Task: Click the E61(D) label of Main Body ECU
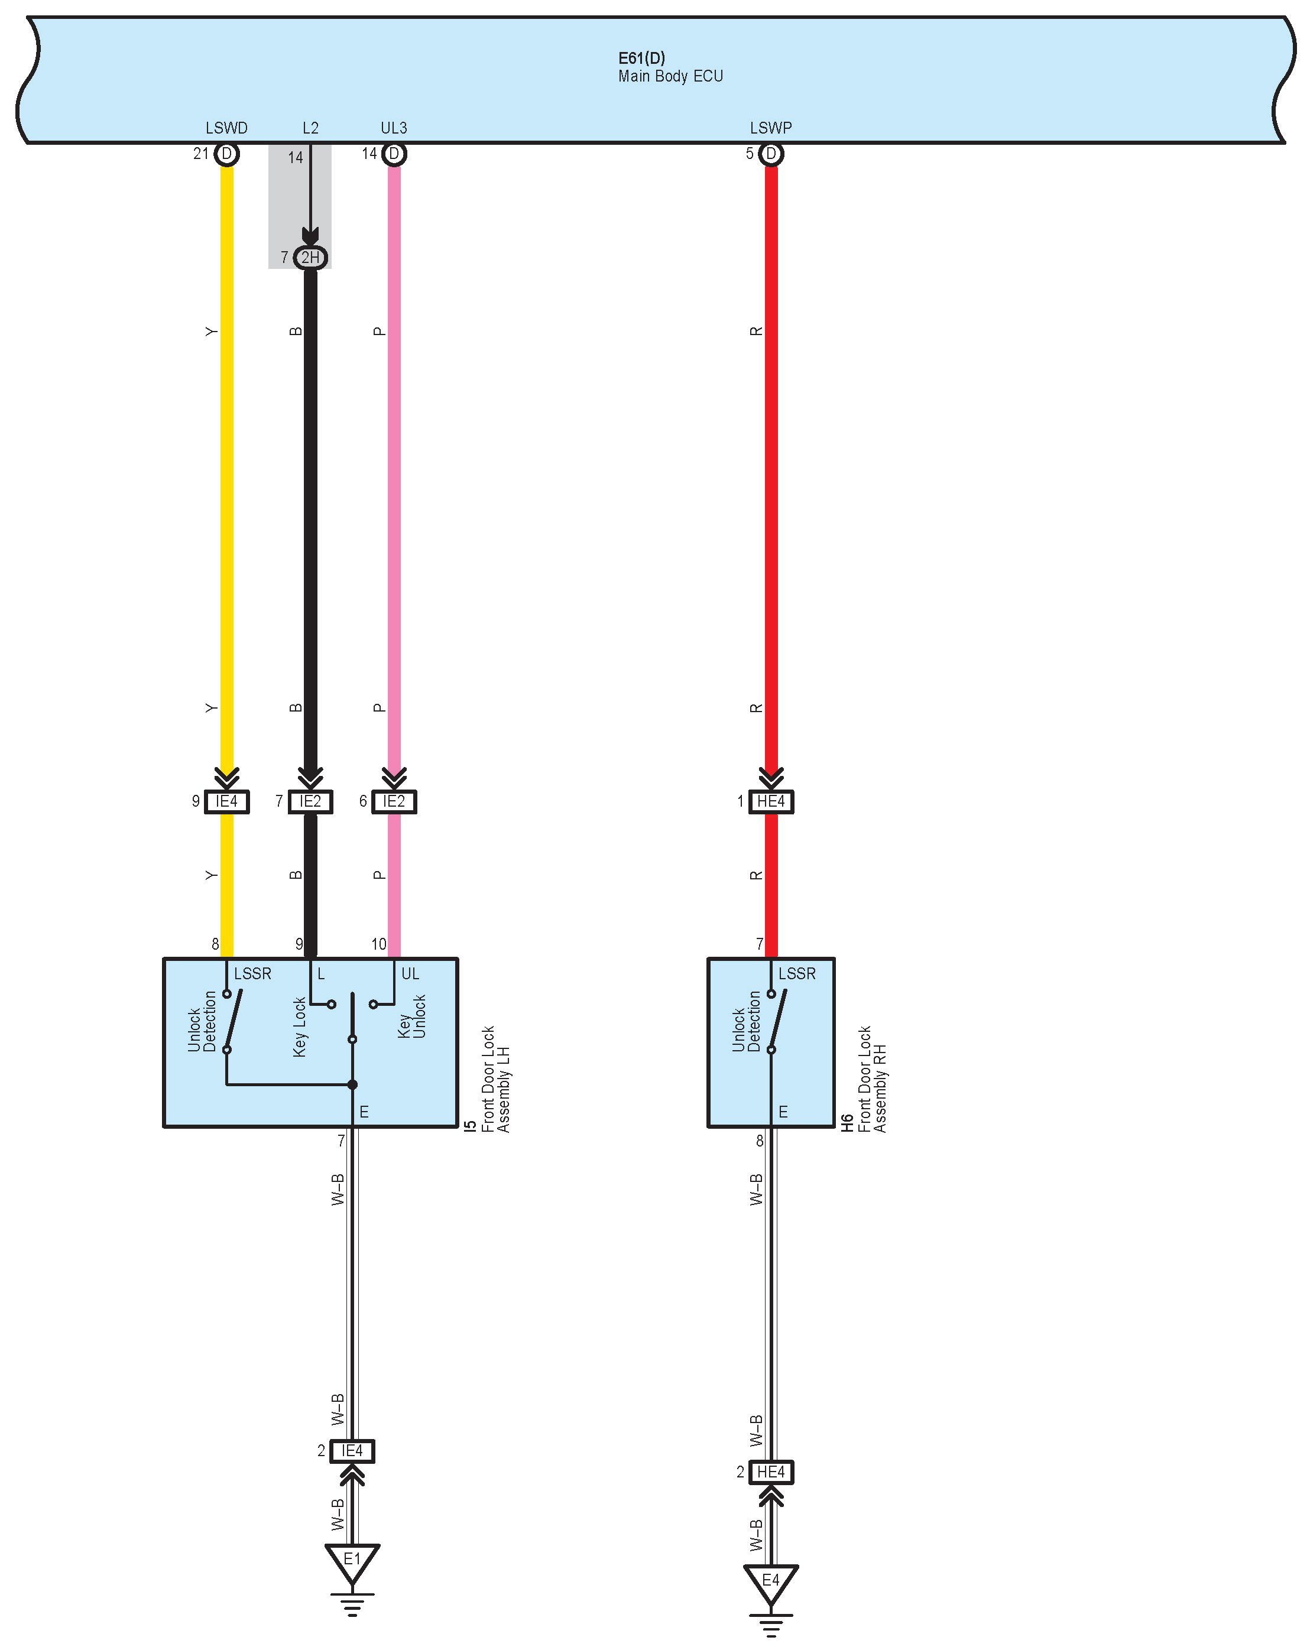pyautogui.click(x=641, y=58)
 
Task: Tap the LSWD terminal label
pyautogui.click(x=226, y=128)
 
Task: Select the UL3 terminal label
pyautogui.click(x=394, y=128)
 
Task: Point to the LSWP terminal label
pyautogui.click(x=770, y=128)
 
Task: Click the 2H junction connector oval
pyautogui.click(x=310, y=257)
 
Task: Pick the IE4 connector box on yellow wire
pyautogui.click(x=226, y=801)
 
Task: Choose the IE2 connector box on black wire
pyautogui.click(x=310, y=801)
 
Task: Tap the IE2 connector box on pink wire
pyautogui.click(x=394, y=801)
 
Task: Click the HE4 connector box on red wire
pyautogui.click(x=770, y=801)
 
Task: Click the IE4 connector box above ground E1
pyautogui.click(x=352, y=1451)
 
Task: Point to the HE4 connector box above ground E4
pyautogui.click(x=770, y=1472)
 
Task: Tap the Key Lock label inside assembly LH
pyautogui.click(x=299, y=1027)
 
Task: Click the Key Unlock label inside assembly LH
pyautogui.click(x=412, y=1016)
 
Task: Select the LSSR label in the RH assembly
pyautogui.click(x=796, y=973)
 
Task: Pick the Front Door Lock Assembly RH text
pyautogui.click(x=872, y=1079)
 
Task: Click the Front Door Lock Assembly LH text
pyautogui.click(x=496, y=1079)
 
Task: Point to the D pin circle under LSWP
pyautogui.click(x=771, y=154)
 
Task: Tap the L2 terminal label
pyautogui.click(x=310, y=128)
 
